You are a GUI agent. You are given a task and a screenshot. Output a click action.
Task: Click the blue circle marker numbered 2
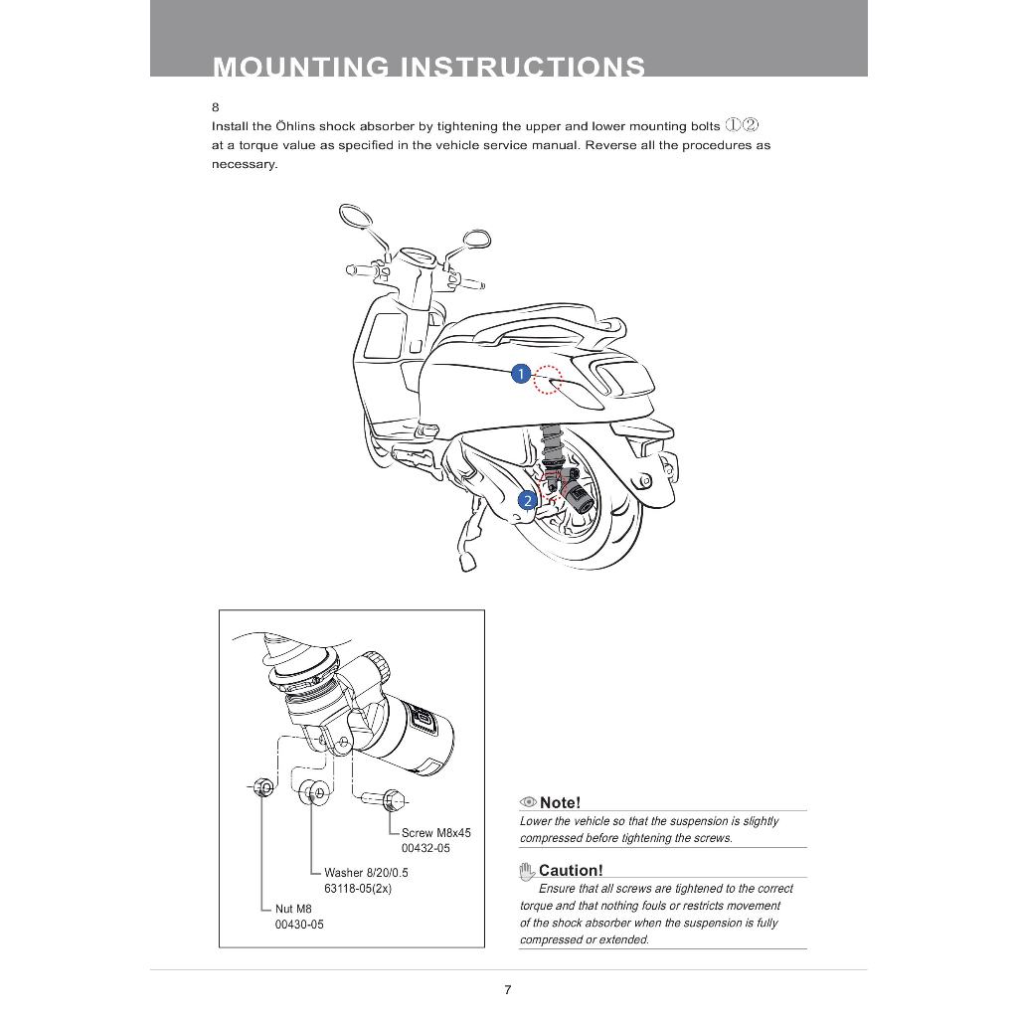point(529,500)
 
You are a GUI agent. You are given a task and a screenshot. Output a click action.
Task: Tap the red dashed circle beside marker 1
point(548,379)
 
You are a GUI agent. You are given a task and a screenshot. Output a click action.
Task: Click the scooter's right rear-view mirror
point(477,239)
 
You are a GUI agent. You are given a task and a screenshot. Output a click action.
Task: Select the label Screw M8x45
point(435,833)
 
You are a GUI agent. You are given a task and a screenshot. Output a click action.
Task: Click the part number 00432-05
point(425,849)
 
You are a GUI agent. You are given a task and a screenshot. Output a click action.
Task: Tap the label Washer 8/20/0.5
point(366,873)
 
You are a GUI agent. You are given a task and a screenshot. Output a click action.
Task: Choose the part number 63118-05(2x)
point(358,889)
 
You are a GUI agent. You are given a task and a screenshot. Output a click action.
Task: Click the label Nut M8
point(293,909)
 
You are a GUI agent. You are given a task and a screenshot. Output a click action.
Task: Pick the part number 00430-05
point(299,925)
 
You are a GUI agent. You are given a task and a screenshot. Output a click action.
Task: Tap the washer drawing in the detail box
point(316,793)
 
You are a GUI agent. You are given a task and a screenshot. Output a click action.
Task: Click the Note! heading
point(560,802)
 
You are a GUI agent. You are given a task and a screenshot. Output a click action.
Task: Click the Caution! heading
point(571,871)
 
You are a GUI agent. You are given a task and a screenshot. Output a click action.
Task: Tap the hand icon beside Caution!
point(527,872)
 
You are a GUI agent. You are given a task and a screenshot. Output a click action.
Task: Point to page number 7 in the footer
point(508,989)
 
